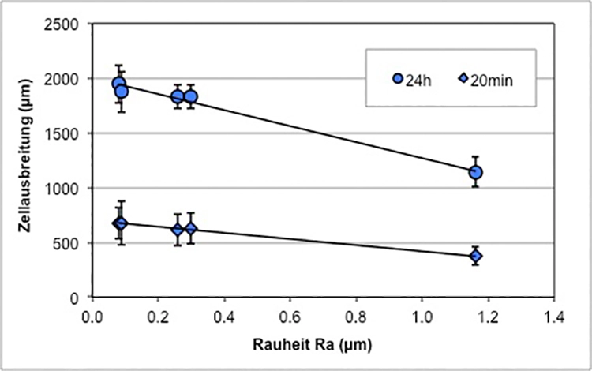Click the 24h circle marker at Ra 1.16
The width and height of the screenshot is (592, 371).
pyautogui.click(x=475, y=172)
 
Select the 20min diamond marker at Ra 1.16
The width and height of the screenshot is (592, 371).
pyautogui.click(x=475, y=256)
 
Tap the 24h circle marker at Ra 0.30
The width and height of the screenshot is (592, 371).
pyautogui.click(x=190, y=97)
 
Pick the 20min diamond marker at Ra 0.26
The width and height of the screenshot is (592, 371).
pyautogui.click(x=178, y=230)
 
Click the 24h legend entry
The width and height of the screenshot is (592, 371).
pyautogui.click(x=412, y=79)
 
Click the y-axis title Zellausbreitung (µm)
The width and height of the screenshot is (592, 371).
pyautogui.click(x=26, y=162)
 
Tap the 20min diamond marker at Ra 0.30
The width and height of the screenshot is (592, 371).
pyautogui.click(x=190, y=230)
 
